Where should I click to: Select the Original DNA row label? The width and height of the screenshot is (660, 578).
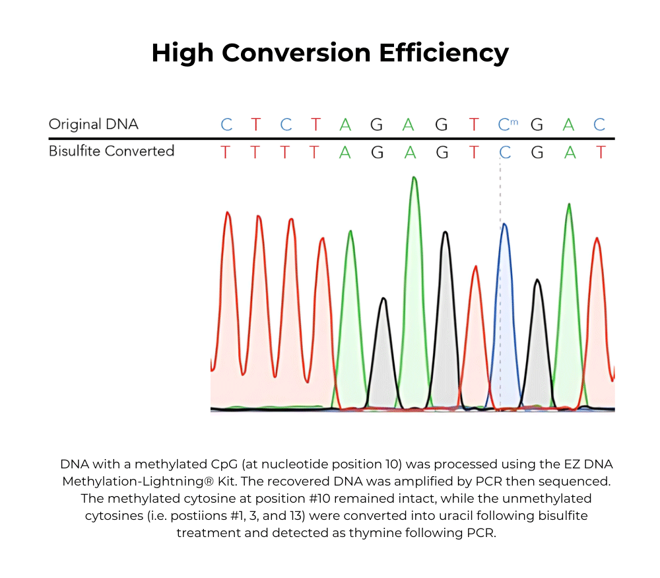93,124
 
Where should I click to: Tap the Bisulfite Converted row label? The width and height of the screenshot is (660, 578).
111,151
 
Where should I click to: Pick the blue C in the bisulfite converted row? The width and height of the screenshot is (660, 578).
505,153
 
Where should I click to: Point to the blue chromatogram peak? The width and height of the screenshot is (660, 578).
505,264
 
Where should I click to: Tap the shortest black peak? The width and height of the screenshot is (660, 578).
383,330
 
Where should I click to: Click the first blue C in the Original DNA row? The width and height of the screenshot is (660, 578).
226,125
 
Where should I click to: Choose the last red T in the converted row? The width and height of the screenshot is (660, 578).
600,153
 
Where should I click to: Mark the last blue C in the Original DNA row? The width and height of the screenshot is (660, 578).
599,125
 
